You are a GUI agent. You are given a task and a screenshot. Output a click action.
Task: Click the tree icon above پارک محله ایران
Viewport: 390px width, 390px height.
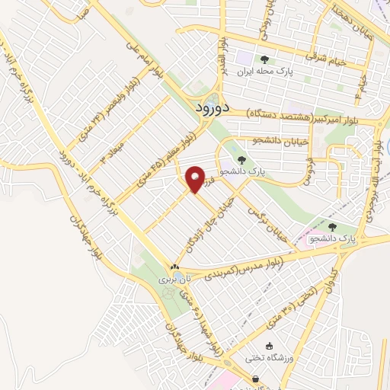tap(264, 59)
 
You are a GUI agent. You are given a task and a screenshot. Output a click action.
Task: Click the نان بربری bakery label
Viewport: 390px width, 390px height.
tap(173, 280)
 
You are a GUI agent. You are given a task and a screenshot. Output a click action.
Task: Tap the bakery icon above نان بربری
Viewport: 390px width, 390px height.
tap(175, 267)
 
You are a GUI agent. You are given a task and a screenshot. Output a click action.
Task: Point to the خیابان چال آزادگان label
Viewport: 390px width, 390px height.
tap(206, 224)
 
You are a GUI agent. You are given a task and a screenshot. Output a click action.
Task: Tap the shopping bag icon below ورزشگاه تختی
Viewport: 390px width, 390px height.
tap(255, 378)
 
